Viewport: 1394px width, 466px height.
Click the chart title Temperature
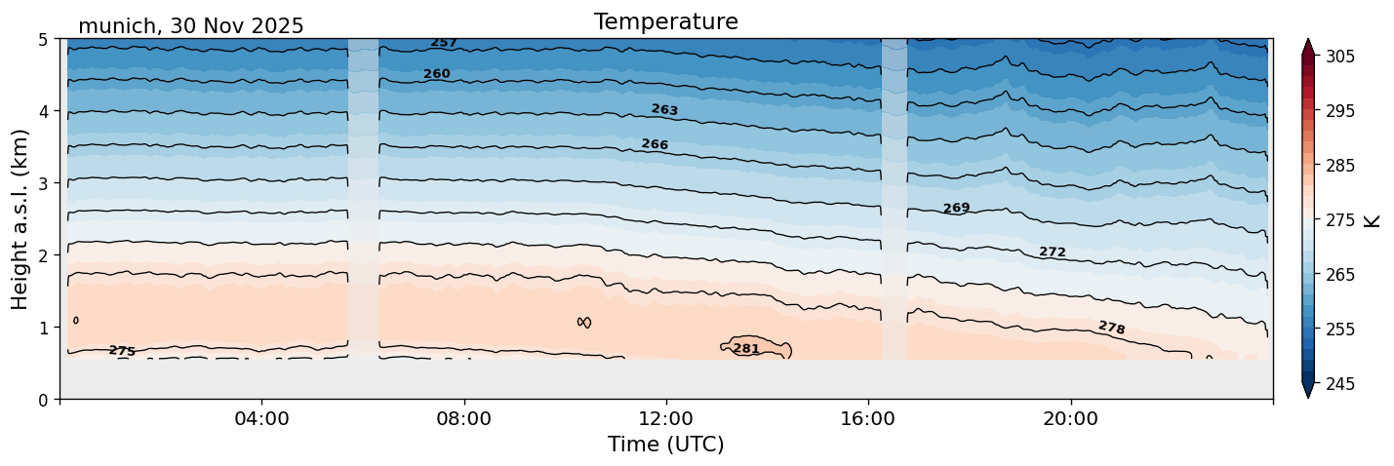(665, 21)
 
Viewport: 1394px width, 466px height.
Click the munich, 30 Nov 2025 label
(190, 26)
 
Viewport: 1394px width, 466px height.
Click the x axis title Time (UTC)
(665, 445)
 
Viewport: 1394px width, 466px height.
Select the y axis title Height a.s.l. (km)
(20, 218)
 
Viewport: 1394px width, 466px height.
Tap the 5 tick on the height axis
(45, 39)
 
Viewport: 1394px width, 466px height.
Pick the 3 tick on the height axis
(45, 183)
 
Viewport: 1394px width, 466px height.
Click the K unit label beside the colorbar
(1373, 220)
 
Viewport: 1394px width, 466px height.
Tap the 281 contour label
(746, 349)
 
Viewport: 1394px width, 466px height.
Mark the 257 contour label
(444, 43)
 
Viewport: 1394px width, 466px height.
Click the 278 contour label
(1111, 328)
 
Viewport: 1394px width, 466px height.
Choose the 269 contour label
(956, 209)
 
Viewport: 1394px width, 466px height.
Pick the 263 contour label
(664, 110)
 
